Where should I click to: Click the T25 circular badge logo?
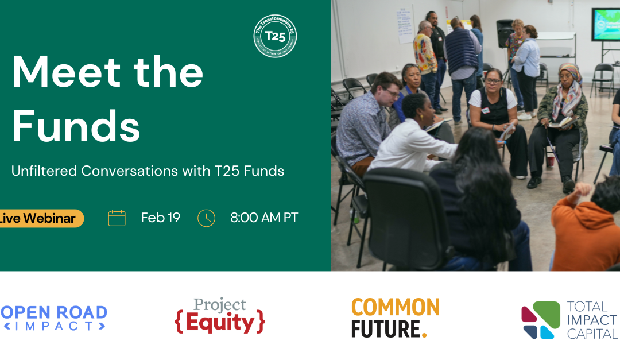point(276,36)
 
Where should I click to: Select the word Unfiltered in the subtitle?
point(43,171)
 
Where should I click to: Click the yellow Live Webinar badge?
point(40,218)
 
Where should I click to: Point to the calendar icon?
point(117,218)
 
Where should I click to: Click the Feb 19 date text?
point(161,218)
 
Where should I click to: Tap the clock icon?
point(206,218)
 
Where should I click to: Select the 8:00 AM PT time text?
point(264,218)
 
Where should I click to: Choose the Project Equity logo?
point(220,316)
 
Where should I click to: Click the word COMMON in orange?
point(395,307)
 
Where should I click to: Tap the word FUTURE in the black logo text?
point(386,330)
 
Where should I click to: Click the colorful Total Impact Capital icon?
point(540,320)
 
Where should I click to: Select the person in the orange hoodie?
point(586,230)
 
